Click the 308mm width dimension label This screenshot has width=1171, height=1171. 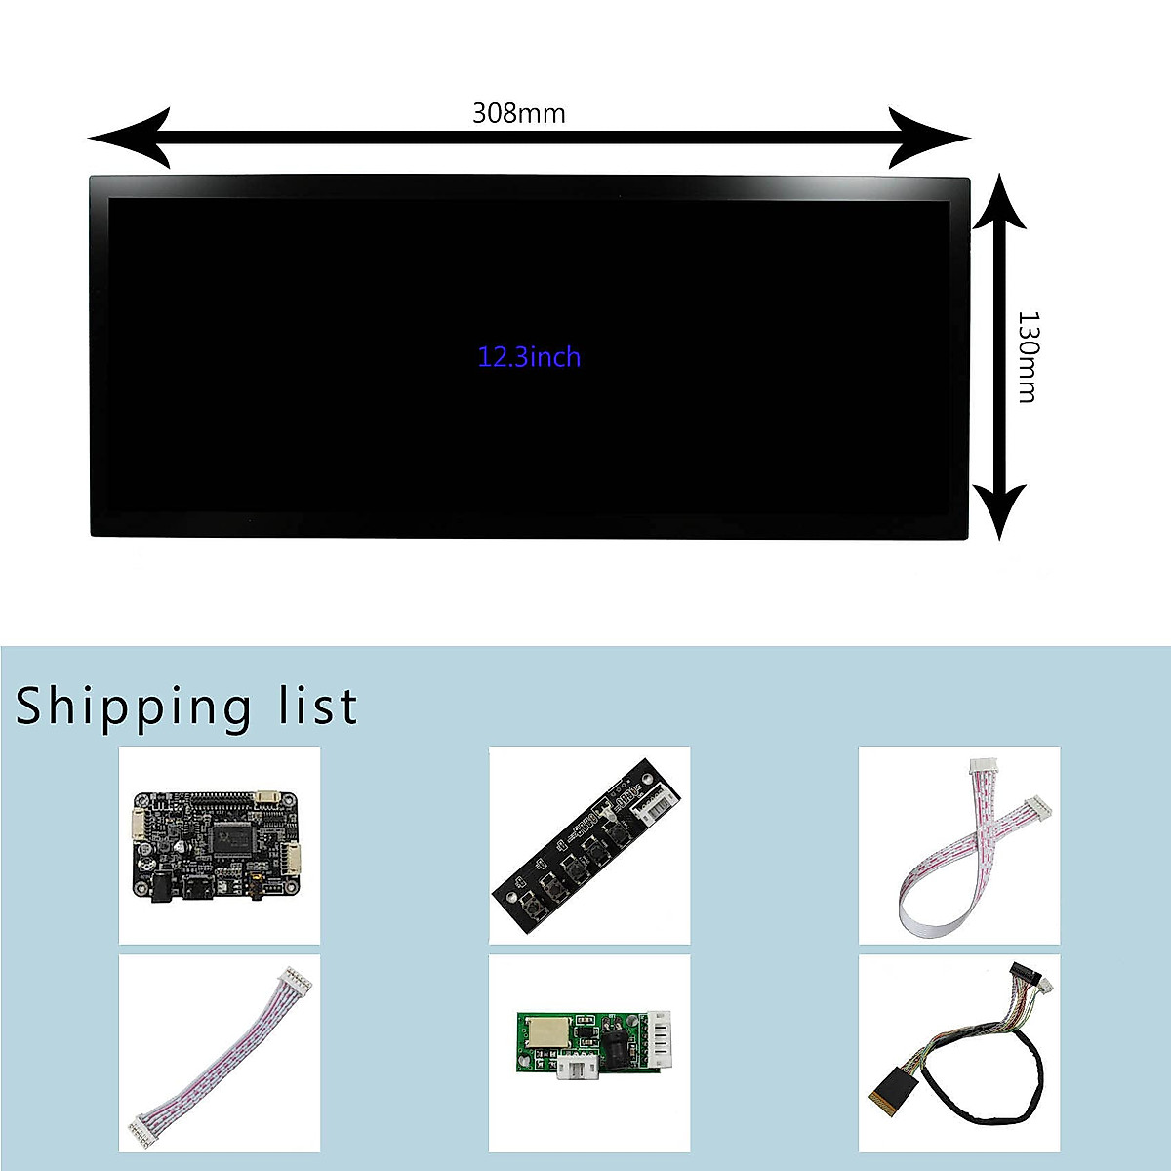(x=518, y=113)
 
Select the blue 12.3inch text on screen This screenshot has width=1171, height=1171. (x=529, y=357)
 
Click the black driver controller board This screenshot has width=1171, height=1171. (x=219, y=845)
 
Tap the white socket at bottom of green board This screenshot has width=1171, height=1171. (x=578, y=1070)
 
